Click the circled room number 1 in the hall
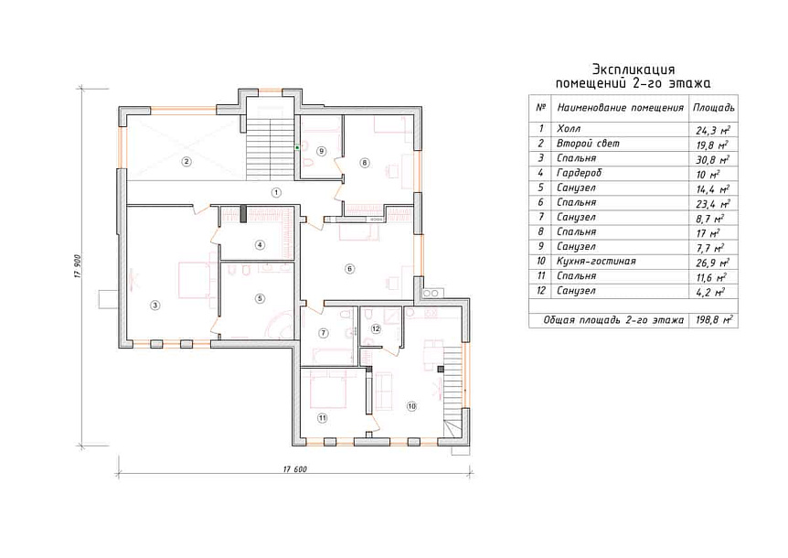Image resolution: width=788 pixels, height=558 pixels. pos(275,192)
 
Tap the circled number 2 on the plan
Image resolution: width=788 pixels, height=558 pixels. pos(186,161)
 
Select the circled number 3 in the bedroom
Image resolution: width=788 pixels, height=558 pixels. pos(155,305)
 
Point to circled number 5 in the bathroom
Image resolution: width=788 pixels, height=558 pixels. pos(260,298)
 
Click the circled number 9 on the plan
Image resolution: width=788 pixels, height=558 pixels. pos(322,151)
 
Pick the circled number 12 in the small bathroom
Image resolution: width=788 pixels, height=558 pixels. pos(376,328)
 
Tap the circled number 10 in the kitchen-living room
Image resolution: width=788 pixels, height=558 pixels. pos(411,406)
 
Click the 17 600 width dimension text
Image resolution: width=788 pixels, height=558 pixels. pos(295,469)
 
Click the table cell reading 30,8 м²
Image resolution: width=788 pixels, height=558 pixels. pos(713,159)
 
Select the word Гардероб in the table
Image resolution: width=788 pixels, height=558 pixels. pos(579,173)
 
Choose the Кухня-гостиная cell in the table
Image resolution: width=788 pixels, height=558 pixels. pos(596,262)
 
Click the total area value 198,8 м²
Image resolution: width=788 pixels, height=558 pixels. pos(714,320)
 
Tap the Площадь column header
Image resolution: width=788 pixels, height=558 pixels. pos(714,108)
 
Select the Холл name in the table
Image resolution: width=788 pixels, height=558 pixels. pos(569,129)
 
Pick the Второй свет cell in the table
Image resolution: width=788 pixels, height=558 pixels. pos(588,144)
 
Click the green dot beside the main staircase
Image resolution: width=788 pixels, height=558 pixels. pos(297,147)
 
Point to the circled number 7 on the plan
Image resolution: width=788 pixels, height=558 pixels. pos(323,333)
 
